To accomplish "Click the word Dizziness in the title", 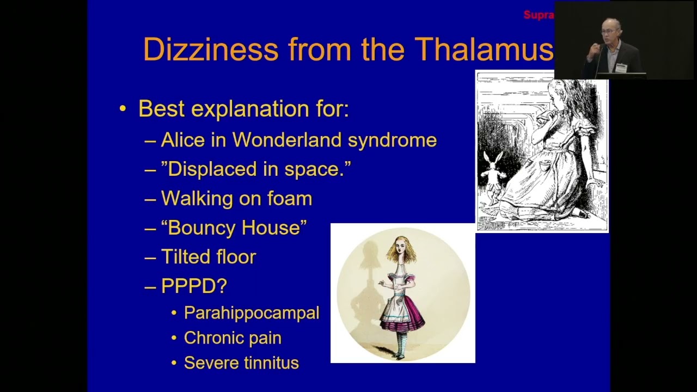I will pyautogui.click(x=211, y=49).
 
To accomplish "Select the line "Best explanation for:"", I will pyautogui.click(x=243, y=109).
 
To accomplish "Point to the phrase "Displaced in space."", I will pyautogui.click(x=256, y=169).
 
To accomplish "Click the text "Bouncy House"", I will pyautogui.click(x=234, y=228).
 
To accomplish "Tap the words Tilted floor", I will pyautogui.click(x=209, y=257).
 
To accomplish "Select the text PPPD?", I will pyautogui.click(x=194, y=286).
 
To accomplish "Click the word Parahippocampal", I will pyautogui.click(x=252, y=313).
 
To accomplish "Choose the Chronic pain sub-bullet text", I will pyautogui.click(x=233, y=338).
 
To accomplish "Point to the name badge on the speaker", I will pyautogui.click(x=621, y=68).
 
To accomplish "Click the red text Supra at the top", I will pyautogui.click(x=538, y=15).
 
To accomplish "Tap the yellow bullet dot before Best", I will pyautogui.click(x=123, y=109).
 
